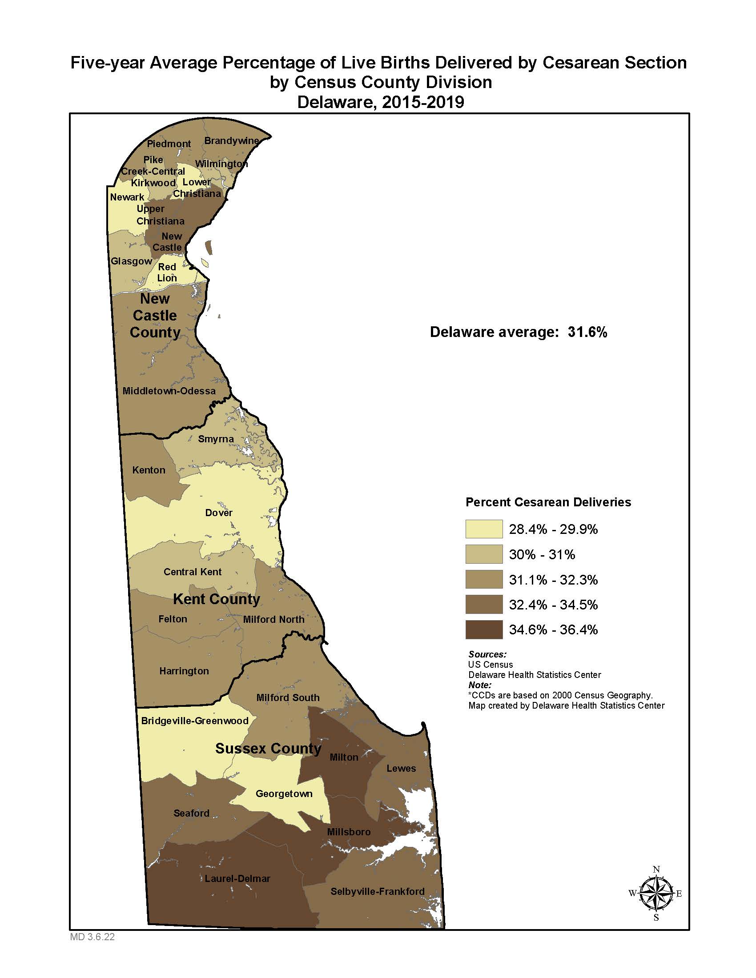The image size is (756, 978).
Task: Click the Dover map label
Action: click(x=218, y=513)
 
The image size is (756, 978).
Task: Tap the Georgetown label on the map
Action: click(x=284, y=794)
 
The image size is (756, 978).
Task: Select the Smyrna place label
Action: click(x=216, y=439)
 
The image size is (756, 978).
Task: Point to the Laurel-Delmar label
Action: click(x=237, y=878)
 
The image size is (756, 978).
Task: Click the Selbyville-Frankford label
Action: click(x=377, y=892)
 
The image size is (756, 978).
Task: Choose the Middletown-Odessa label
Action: click(x=169, y=391)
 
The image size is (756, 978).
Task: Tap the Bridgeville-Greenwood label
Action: click(x=194, y=721)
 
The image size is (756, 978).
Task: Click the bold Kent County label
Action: click(x=216, y=599)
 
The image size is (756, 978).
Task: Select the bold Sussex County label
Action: click(x=268, y=749)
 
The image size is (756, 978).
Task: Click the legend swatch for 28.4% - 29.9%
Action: click(x=484, y=529)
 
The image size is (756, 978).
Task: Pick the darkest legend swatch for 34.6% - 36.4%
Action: click(x=484, y=629)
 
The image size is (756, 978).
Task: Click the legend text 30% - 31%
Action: click(x=542, y=554)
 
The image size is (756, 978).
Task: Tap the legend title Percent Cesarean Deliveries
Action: click(x=548, y=502)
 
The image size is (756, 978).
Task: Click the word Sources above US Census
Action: click(x=487, y=654)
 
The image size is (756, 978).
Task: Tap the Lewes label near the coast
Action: click(x=401, y=769)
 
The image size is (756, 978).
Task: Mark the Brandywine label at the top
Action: click(x=232, y=140)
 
